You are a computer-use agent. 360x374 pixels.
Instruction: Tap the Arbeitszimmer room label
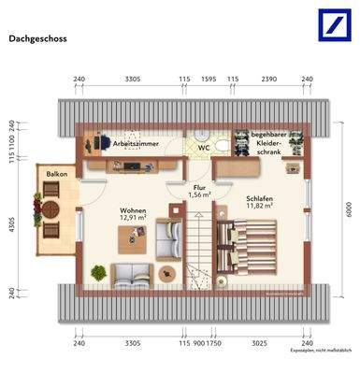pos(135,145)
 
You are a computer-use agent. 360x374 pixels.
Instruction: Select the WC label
pos(202,147)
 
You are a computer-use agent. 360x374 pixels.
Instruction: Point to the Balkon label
pos(50,174)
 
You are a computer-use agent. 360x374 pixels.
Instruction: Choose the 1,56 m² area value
pos(199,194)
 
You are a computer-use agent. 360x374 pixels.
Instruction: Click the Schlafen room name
pos(260,199)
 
